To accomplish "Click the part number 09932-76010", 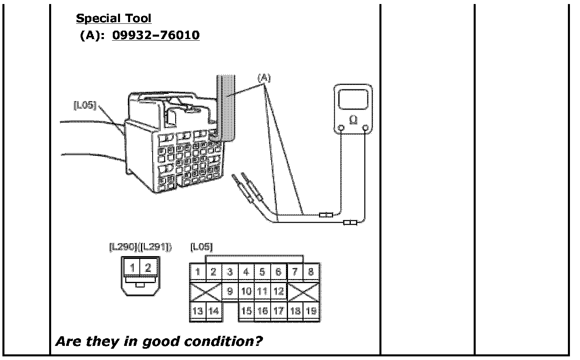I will [155, 35].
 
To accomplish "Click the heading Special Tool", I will [114, 18].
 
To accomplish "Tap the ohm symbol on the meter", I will [354, 120].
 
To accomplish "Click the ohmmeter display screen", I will [353, 99].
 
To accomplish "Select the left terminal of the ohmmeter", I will [341, 128].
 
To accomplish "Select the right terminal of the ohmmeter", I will [365, 128].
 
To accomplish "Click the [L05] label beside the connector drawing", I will [85, 105].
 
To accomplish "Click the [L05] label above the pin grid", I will [201, 246].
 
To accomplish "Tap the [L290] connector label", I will [122, 247].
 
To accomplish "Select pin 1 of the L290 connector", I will [133, 267].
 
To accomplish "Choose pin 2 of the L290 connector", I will [148, 267].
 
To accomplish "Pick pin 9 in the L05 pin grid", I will [230, 291].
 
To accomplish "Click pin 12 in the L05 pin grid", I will [278, 291].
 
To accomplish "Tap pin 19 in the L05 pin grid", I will [311, 310].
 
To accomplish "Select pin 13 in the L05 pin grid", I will [197, 311].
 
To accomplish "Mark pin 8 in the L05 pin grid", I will [311, 272].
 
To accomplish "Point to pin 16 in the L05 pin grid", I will [262, 310].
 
